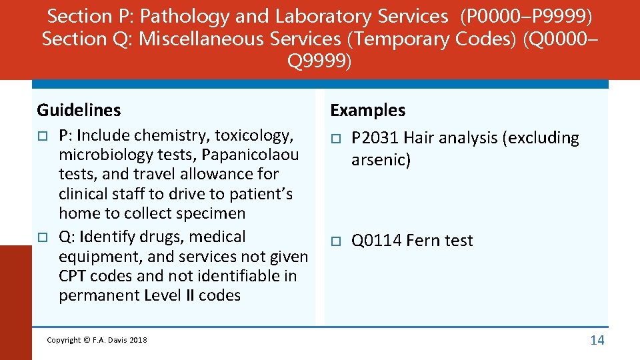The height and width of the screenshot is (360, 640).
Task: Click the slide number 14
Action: tap(597, 340)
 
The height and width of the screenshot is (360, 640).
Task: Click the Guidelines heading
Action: tap(79, 110)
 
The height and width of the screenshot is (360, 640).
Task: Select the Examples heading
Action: tap(368, 110)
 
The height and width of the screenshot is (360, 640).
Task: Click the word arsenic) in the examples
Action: tap(381, 160)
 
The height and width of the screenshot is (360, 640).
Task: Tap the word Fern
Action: tap(421, 241)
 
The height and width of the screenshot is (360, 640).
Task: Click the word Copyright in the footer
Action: tap(64, 341)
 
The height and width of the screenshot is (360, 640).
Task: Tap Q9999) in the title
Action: tap(319, 62)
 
